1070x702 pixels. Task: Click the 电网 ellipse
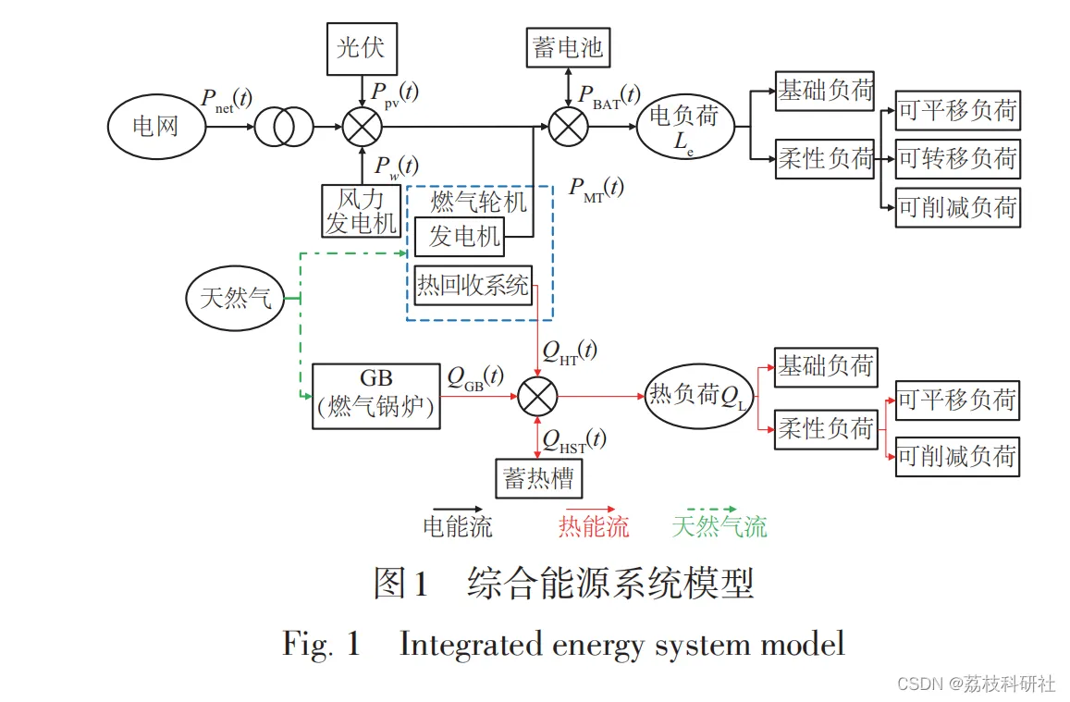click(155, 126)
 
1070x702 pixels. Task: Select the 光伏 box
click(361, 48)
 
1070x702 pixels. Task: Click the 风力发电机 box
click(361, 210)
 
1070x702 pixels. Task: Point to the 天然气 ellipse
click(236, 298)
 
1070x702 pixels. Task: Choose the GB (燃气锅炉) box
click(375, 395)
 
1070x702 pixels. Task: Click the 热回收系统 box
click(474, 284)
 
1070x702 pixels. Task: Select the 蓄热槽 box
click(539, 478)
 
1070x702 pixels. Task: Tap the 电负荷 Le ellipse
click(684, 127)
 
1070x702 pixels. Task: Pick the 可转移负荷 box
click(957, 159)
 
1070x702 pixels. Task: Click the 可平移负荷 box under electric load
click(957, 112)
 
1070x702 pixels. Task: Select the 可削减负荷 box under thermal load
click(957, 457)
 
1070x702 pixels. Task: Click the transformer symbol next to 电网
click(284, 127)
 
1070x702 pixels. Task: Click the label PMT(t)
click(596, 189)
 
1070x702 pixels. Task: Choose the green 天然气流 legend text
click(719, 527)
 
